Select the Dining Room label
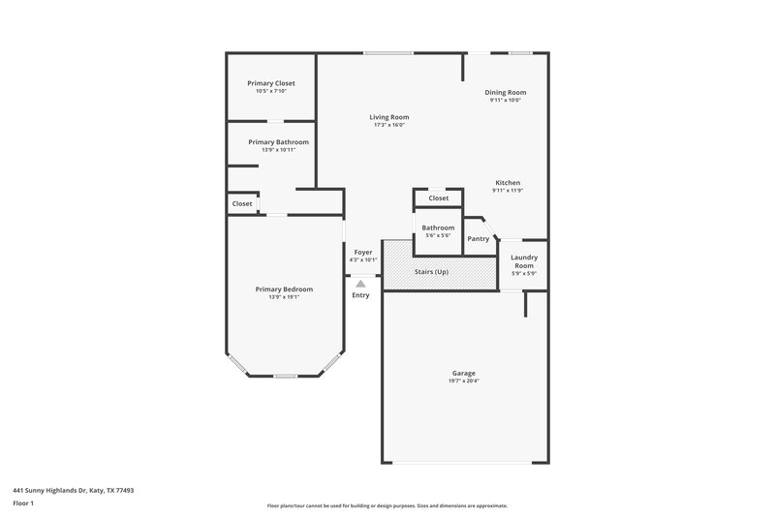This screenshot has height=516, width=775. click(506, 92)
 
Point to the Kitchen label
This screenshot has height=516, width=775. click(509, 183)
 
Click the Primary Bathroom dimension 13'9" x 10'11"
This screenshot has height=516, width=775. click(278, 149)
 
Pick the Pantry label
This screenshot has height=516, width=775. click(478, 238)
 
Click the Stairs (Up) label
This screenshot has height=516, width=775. click(431, 272)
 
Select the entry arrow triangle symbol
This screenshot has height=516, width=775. click(360, 284)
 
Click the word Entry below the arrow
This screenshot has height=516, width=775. click(360, 295)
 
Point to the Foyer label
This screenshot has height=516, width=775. click(363, 252)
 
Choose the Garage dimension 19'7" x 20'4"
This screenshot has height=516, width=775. click(464, 380)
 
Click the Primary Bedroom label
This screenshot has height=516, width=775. click(284, 288)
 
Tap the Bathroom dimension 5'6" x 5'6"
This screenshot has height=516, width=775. click(438, 235)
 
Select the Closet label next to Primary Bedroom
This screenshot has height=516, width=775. click(242, 204)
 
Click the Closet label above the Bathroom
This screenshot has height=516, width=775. click(438, 198)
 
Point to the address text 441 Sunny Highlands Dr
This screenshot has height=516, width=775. click(73, 490)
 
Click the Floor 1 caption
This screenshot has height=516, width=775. click(24, 504)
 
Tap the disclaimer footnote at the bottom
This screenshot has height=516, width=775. click(387, 505)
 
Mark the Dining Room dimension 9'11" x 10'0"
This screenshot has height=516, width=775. click(506, 100)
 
